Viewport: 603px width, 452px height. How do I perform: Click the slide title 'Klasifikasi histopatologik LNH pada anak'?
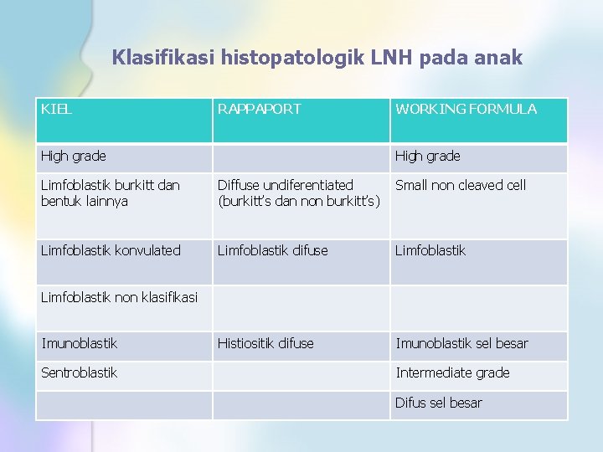317,58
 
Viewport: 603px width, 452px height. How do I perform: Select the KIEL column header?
56,109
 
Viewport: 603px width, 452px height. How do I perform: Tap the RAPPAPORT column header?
259,109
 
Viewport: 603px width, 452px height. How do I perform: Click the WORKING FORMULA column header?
466,109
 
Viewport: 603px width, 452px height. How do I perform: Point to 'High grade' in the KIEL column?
74,157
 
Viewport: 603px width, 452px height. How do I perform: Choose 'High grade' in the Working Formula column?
427,157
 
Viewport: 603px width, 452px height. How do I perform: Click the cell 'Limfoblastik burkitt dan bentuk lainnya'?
110,193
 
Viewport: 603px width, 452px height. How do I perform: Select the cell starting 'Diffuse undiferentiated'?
298,193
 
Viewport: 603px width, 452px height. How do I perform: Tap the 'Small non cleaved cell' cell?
461,185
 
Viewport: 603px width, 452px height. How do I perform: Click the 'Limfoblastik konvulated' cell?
111,250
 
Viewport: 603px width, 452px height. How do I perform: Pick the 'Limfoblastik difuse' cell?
272,250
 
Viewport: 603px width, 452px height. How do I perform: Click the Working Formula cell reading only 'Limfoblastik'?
430,250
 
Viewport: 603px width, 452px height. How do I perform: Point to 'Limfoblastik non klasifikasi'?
119,297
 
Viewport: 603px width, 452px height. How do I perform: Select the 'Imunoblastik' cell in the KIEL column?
80,343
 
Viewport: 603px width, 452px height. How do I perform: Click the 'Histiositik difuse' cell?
265,343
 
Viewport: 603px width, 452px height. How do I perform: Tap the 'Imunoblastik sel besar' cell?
461,343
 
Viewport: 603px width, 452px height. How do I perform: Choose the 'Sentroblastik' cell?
80,372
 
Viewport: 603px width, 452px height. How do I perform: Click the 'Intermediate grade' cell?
452,372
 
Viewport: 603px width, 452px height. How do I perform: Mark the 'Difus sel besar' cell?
439,403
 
